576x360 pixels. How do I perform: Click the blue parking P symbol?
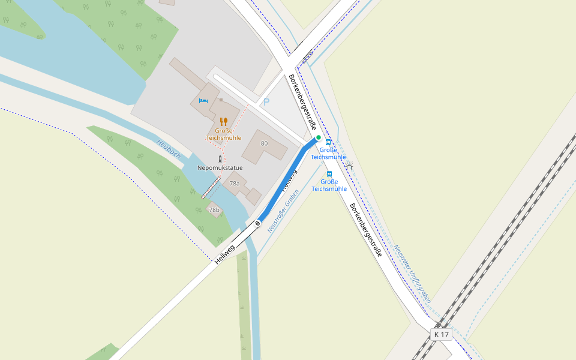pyautogui.click(x=266, y=102)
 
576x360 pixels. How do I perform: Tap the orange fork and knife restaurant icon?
pyautogui.click(x=224, y=122)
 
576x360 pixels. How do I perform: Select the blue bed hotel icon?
pyautogui.click(x=203, y=101)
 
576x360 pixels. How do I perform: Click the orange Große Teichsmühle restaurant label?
pyautogui.click(x=224, y=134)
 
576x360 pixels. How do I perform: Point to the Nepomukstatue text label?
pyautogui.click(x=220, y=168)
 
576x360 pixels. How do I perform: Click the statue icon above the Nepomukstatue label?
pyautogui.click(x=220, y=159)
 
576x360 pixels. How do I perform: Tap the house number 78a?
pyautogui.click(x=234, y=183)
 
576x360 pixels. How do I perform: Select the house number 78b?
pyautogui.click(x=214, y=210)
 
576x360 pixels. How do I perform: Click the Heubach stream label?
pyautogui.click(x=169, y=149)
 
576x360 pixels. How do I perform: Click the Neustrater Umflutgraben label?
pyautogui.click(x=412, y=273)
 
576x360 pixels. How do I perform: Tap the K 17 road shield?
pyautogui.click(x=441, y=334)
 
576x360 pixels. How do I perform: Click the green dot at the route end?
pyautogui.click(x=319, y=137)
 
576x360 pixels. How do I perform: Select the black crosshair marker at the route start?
pyautogui.click(x=258, y=223)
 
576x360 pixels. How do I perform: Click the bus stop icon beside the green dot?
pyautogui.click(x=328, y=142)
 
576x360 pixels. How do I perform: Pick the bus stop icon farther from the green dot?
pyautogui.click(x=329, y=174)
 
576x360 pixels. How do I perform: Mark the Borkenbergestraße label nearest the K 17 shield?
pyautogui.click(x=366, y=230)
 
